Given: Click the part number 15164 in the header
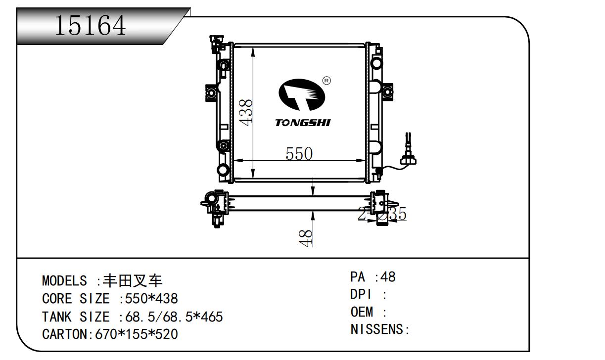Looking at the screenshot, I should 90,25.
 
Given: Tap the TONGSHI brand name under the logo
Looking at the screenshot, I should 302,123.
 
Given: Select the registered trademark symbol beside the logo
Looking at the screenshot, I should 326,81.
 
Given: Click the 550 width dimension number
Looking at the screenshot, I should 299,154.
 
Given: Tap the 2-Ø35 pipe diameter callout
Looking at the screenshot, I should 382,215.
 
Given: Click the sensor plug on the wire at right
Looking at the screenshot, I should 409,159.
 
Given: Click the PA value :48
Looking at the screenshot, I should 385,277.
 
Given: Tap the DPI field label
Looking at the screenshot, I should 361,295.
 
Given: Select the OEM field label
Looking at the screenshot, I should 362,312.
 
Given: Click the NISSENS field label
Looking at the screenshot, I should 377,329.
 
